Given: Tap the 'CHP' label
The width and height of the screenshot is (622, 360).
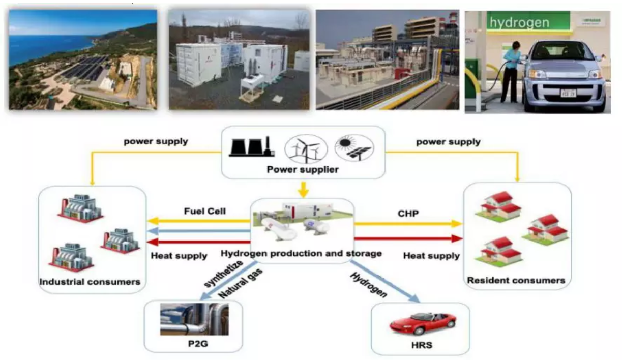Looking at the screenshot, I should click(408, 214).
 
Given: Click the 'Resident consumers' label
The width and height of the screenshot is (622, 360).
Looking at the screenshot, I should click(516, 280).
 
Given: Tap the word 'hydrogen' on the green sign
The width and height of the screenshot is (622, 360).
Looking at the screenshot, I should click(519, 23).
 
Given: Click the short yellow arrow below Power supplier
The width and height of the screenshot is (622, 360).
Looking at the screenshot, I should click(303, 190).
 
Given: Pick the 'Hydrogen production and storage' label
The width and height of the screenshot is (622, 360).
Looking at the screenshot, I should click(301, 253).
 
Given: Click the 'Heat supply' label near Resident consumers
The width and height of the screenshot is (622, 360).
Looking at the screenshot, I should click(431, 256).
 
